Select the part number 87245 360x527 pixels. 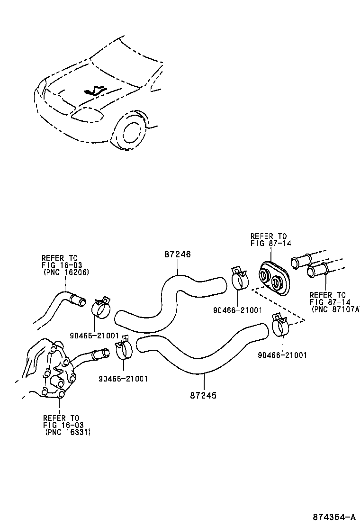tap(203, 395)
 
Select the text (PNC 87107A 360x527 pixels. tap(335, 309)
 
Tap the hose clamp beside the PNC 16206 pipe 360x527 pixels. tap(100, 308)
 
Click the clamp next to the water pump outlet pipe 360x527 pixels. tap(124, 350)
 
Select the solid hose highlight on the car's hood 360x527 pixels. tap(94, 90)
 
